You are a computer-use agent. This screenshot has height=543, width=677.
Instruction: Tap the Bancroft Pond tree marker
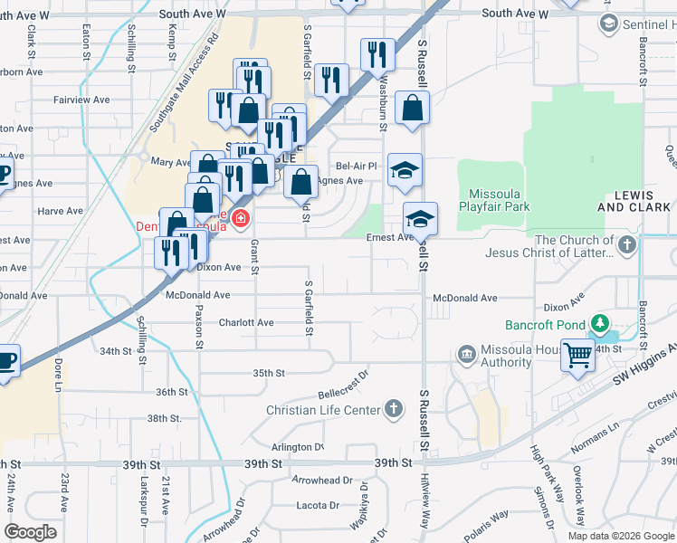pos(597,323)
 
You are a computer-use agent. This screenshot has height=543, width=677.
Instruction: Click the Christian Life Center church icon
pos(393,410)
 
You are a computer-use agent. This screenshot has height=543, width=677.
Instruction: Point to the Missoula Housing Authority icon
pos(467,353)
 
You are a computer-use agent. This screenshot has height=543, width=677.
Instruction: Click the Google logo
pos(31,532)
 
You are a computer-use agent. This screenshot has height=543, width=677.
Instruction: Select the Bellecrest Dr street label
pos(345,385)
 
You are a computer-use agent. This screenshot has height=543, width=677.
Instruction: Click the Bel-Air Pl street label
pos(356,166)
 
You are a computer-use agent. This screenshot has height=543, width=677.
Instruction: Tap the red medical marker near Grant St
pos(241,217)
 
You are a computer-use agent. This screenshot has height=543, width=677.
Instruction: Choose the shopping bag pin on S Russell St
pos(412,109)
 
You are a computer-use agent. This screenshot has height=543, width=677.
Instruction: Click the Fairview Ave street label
pos(81,100)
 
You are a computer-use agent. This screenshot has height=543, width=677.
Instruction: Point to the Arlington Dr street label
pos(297,447)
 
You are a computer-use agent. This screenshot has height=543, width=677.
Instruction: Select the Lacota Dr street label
pos(317,505)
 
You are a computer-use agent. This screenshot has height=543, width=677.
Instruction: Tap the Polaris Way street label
pos(488,524)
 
